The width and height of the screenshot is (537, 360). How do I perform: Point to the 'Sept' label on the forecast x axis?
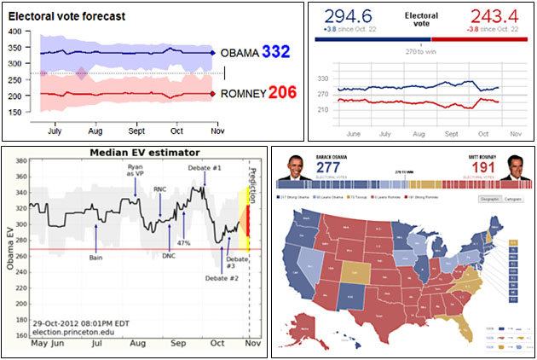[x=136, y=131]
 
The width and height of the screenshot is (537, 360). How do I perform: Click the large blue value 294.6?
[x=348, y=15]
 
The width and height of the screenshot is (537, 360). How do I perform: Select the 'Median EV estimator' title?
[x=138, y=153]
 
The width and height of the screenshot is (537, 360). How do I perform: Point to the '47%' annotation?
[x=183, y=243]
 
